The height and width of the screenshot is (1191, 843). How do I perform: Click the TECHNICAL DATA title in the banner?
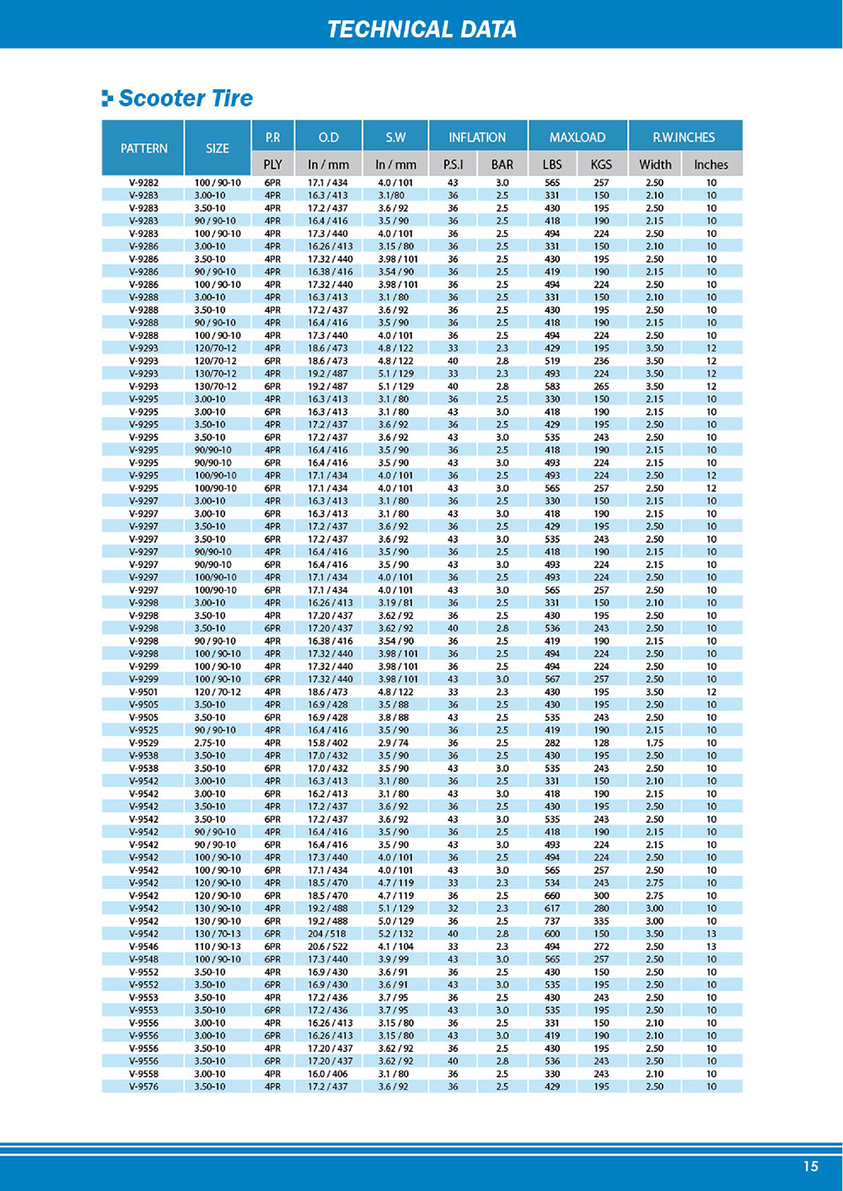pyautogui.click(x=421, y=30)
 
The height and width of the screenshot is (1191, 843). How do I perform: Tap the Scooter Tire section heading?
pyautogui.click(x=185, y=99)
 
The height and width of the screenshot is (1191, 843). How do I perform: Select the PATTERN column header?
pyautogui.click(x=143, y=148)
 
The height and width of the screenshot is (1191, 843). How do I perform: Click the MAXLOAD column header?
pyautogui.click(x=577, y=137)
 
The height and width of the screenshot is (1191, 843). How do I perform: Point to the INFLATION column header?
pyautogui.click(x=477, y=137)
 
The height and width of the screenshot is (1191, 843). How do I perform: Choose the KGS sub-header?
pyautogui.click(x=601, y=164)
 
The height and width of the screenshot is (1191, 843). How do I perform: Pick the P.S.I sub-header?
pyautogui.click(x=453, y=164)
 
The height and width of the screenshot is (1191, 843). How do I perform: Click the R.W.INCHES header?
pyautogui.click(x=684, y=137)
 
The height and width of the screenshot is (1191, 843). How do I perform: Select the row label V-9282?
pyautogui.click(x=143, y=183)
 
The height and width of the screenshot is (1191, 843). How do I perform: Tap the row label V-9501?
pyautogui.click(x=143, y=692)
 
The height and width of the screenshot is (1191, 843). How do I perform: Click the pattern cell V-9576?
pyautogui.click(x=143, y=1086)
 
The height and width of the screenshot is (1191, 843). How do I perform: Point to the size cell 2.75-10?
pyautogui.click(x=210, y=743)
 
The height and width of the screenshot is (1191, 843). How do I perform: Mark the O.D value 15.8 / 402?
pyautogui.click(x=328, y=743)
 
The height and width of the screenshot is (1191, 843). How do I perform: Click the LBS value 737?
pyautogui.click(x=552, y=921)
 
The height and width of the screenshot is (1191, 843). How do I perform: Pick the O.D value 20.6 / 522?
pyautogui.click(x=328, y=947)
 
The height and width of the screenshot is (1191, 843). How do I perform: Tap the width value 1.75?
pyautogui.click(x=655, y=743)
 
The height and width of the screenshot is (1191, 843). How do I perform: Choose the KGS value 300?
pyautogui.click(x=601, y=896)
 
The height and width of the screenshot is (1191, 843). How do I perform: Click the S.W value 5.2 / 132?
pyautogui.click(x=395, y=934)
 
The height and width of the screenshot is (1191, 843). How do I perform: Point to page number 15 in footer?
pyautogui.click(x=810, y=1167)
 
